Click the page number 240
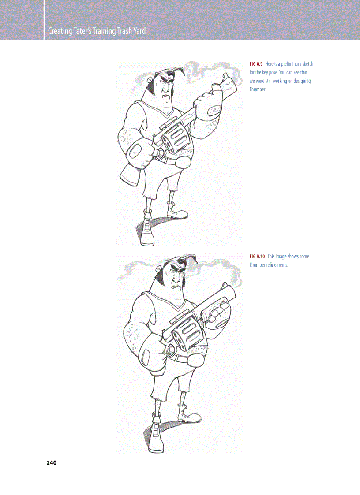point(52,463)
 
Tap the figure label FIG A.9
point(256,64)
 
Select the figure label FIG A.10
point(257,257)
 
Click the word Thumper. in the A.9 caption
point(258,89)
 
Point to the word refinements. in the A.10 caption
point(277,265)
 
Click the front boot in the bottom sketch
point(157,432)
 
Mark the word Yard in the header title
point(140,31)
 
